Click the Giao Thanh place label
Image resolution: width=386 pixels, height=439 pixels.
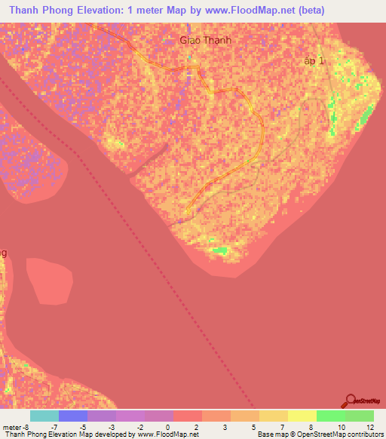click(x=204, y=41)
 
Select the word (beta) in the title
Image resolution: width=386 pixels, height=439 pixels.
click(x=308, y=11)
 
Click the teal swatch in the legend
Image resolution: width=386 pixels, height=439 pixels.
click(x=44, y=416)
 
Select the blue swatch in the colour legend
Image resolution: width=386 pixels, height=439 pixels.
click(x=73, y=416)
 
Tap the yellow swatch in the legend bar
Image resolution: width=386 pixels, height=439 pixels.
click(x=302, y=416)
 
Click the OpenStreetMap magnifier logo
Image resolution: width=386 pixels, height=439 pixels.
click(x=351, y=401)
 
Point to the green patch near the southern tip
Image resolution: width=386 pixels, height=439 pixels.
click(x=219, y=250)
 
